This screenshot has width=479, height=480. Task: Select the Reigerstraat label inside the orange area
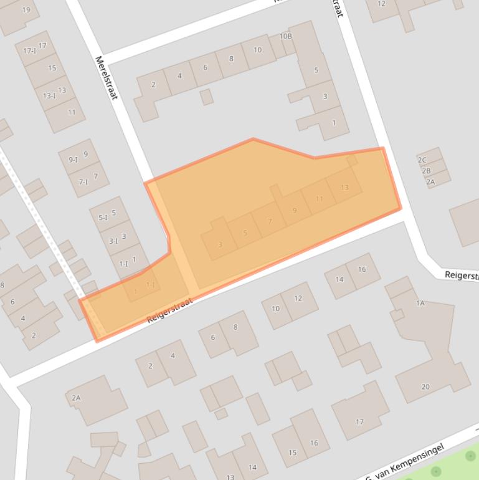(169, 310)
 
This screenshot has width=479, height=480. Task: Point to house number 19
(26, 10)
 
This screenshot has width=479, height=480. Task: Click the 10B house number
(285, 36)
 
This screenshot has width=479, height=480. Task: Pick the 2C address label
(422, 160)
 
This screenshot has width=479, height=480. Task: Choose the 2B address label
(426, 171)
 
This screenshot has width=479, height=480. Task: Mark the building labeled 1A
(420, 303)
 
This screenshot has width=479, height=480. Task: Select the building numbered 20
(425, 386)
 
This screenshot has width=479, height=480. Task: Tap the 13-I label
(49, 96)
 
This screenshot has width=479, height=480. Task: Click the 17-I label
(30, 50)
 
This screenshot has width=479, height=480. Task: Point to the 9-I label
(73, 160)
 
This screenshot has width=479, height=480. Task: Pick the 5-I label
(103, 218)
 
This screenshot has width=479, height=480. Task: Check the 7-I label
(83, 182)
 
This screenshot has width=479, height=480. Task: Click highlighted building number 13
(344, 188)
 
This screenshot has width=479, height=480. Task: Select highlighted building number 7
(270, 221)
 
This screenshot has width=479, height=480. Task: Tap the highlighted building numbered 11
(319, 199)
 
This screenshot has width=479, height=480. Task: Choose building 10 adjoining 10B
(257, 50)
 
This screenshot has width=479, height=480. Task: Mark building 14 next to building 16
(339, 279)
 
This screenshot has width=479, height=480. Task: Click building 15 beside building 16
(292, 453)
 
